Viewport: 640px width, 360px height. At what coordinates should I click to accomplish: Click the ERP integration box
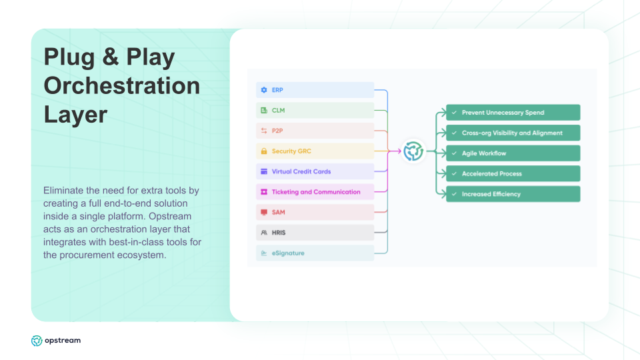315,90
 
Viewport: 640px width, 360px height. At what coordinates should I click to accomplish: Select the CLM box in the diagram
315,110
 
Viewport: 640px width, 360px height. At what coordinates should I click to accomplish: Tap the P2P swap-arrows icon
264,131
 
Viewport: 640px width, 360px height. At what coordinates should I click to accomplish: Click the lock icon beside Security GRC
264,151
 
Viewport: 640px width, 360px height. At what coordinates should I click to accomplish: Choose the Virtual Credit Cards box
315,171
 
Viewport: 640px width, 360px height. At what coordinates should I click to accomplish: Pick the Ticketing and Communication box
315,192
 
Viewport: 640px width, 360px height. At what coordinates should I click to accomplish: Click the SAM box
315,212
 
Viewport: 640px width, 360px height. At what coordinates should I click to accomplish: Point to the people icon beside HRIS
264,233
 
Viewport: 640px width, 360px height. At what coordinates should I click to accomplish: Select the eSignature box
315,253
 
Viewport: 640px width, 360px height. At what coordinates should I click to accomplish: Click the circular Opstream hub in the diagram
413,151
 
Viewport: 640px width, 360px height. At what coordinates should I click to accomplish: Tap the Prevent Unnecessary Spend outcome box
513,112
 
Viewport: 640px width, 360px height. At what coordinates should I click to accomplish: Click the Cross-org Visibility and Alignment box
513,133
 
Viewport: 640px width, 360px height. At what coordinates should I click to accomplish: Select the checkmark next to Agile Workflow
454,153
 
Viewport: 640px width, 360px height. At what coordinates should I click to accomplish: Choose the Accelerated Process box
513,173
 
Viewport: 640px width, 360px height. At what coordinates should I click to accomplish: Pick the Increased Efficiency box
513,194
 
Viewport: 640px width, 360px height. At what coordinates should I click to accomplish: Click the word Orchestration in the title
122,86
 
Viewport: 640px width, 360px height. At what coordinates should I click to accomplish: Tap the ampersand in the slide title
110,57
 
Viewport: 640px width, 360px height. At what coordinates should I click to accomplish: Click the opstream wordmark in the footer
63,341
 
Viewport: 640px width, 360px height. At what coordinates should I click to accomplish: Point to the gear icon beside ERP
264,90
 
